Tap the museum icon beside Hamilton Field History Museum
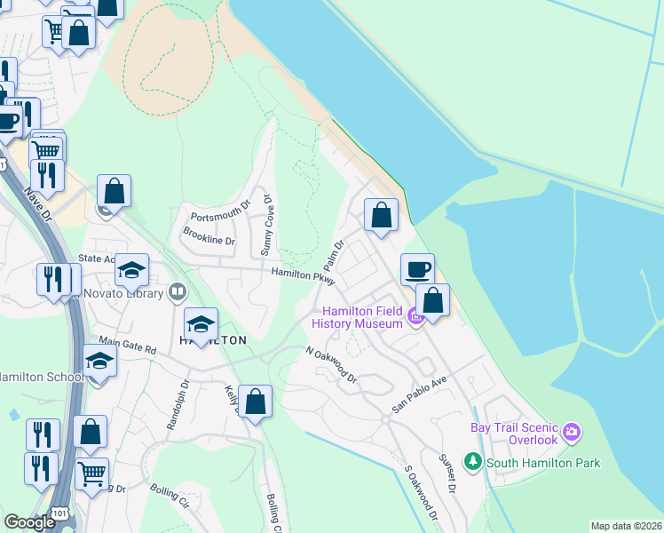[x=413, y=314]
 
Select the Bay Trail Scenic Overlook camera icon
[x=571, y=433]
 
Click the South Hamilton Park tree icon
[x=474, y=462]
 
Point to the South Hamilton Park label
[x=543, y=463]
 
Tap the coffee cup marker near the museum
[x=417, y=269]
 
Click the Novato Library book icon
[x=178, y=291]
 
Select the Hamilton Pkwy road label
[x=303, y=278]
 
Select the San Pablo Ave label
[x=419, y=394]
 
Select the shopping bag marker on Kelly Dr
[x=256, y=402]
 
